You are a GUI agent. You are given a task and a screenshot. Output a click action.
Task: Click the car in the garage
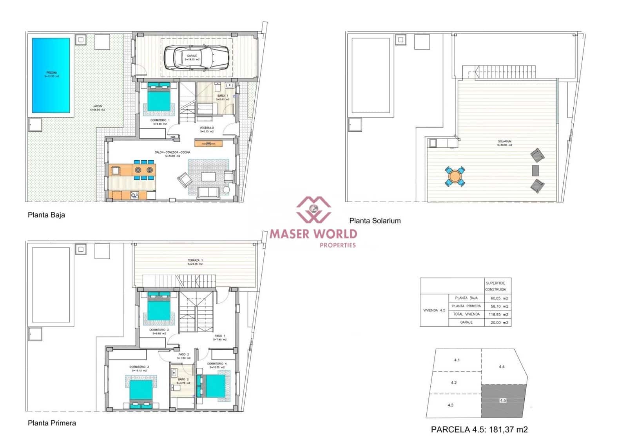[x=196, y=58]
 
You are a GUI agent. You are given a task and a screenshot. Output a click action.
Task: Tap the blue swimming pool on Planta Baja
[x=51, y=74]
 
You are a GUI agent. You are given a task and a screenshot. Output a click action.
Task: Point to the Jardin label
[x=97, y=108]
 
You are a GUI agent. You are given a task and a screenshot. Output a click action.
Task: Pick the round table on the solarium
[x=455, y=176]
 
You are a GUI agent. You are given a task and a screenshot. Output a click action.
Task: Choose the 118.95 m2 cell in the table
[x=499, y=314]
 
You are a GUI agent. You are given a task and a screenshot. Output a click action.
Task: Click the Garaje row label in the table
[x=466, y=322]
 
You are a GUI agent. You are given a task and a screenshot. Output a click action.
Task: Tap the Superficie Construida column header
[x=495, y=286]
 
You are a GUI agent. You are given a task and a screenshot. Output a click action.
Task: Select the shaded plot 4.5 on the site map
[x=503, y=401]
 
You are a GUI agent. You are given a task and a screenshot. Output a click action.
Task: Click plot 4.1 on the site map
[x=457, y=360]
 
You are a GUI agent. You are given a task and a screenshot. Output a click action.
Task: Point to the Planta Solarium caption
[x=375, y=221]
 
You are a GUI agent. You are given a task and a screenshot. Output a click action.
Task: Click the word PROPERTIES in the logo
[x=337, y=245]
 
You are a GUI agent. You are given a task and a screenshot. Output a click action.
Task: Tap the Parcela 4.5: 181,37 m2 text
[x=479, y=430]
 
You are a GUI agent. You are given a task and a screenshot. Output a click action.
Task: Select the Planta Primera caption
[x=52, y=423]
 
